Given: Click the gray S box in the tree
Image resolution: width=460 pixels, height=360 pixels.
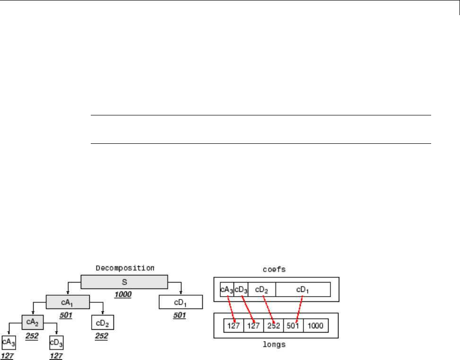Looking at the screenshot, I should coord(124,282).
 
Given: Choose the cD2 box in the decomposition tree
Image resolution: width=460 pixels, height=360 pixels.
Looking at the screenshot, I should coord(103,323).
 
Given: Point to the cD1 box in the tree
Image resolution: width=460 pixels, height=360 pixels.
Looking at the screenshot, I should coord(181,302).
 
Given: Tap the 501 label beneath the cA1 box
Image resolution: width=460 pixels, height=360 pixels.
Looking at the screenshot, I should coord(66,314).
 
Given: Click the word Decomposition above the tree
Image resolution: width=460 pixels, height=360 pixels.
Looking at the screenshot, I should coord(125,267).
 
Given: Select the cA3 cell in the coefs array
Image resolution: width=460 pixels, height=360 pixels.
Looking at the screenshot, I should coord(226,290).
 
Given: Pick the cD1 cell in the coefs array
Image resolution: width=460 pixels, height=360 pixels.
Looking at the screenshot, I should coord(303,290).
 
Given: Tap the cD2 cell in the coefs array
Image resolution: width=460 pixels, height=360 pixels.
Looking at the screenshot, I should coord(261,290).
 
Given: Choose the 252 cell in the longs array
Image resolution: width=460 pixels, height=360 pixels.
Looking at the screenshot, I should coord(273,326).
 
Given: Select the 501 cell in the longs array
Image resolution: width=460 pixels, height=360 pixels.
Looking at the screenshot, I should coord(293,326).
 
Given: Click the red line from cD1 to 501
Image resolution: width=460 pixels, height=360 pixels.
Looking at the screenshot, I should coord(298,307).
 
